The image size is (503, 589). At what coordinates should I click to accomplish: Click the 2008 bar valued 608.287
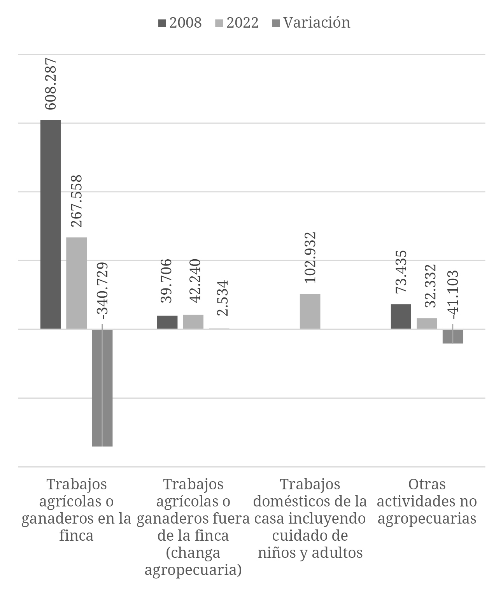pyautogui.click(x=51, y=225)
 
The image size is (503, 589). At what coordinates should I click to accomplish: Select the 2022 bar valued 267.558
pyautogui.click(x=76, y=283)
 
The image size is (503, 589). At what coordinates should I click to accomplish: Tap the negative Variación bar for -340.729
pyautogui.click(x=102, y=388)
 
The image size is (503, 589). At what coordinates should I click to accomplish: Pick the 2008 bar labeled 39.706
pyautogui.click(x=167, y=322)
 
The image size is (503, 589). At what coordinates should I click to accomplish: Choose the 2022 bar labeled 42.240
pyautogui.click(x=193, y=322)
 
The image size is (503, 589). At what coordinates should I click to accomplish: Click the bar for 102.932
pyautogui.click(x=310, y=311)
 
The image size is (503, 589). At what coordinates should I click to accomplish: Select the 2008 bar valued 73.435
pyautogui.click(x=401, y=316)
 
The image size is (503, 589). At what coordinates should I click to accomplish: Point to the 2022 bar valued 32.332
pyautogui.click(x=427, y=324)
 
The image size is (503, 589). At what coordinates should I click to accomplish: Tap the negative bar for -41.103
pyautogui.click(x=453, y=336)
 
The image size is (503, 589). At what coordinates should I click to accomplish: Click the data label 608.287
pyautogui.click(x=51, y=84)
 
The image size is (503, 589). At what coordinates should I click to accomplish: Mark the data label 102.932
pyautogui.click(x=310, y=257)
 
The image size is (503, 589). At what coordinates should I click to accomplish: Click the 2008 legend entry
pyautogui.click(x=180, y=23)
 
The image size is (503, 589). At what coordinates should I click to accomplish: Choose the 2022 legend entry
pyautogui.click(x=237, y=23)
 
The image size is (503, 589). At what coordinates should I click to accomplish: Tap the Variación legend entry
pyautogui.click(x=310, y=23)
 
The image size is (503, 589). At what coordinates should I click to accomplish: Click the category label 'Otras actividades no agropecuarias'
pyautogui.click(x=427, y=501)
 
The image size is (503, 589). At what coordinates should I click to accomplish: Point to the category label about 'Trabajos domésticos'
pyautogui.click(x=310, y=518)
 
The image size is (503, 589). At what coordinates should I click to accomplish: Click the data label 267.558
pyautogui.click(x=76, y=201)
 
